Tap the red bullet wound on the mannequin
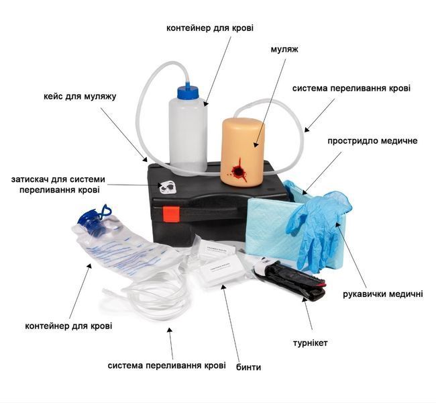238,171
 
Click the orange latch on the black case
171,214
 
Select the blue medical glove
319,228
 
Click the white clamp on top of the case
168,187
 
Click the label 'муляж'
284,49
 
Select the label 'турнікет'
310,343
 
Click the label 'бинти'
248,367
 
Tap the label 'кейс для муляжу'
80,97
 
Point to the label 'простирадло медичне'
372,140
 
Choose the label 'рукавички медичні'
382,294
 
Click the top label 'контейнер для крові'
210,28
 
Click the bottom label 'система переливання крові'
166,365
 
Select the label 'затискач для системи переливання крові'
58,184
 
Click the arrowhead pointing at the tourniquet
305,300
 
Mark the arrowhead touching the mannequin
256,144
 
